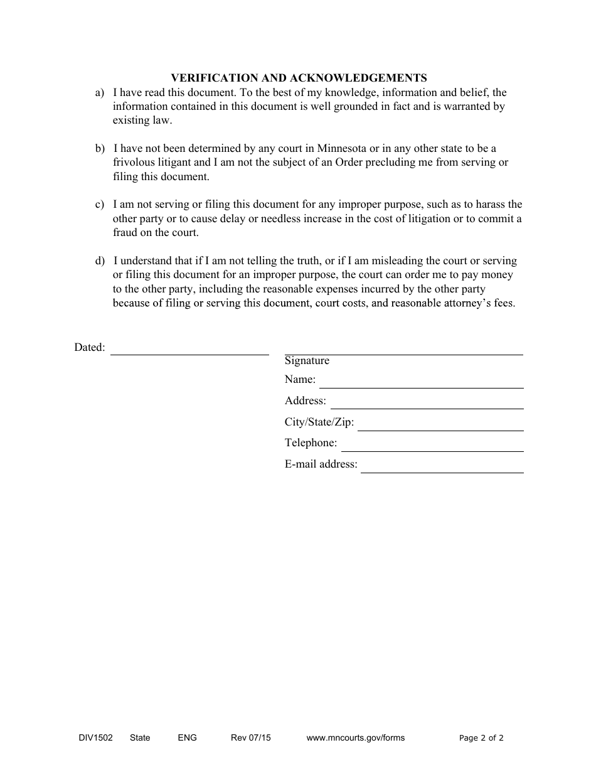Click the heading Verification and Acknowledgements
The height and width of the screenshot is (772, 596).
pos(299,78)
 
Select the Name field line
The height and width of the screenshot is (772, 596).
pos(421,386)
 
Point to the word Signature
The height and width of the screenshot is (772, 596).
pos(307,361)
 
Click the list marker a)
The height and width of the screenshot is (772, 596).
pos(100,93)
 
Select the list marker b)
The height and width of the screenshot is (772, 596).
pos(100,149)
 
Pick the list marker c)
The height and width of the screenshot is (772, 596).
pos(100,205)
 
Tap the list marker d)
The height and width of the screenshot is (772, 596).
pos(100,260)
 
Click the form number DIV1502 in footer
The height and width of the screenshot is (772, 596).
pos(92,738)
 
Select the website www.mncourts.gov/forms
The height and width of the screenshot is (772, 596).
pos(355,738)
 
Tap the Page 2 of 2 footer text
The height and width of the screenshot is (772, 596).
pos(481,738)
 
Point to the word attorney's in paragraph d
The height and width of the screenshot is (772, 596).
pos(461,303)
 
